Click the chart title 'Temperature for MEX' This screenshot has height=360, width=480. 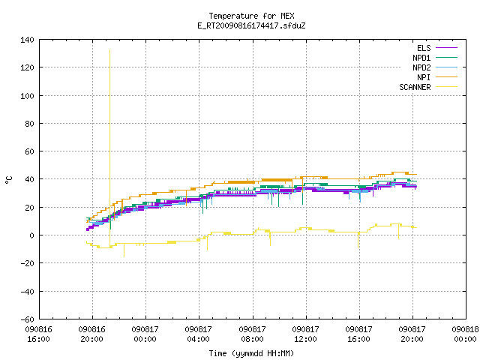251,16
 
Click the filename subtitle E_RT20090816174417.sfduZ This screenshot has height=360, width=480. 251,25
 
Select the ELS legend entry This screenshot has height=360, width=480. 437,48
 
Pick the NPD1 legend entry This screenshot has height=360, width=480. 435,58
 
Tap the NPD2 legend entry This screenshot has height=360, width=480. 435,67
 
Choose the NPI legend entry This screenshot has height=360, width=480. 437,77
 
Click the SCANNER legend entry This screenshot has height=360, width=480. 428,87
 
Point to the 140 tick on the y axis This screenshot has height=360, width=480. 27,40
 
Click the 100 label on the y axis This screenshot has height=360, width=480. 27,96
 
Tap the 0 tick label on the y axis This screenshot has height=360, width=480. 31,235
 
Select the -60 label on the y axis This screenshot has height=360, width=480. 27,319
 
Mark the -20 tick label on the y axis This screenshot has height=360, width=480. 27,263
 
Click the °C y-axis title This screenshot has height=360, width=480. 9,180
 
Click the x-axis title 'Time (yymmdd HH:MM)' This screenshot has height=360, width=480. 251,353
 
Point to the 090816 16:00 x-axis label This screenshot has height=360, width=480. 38,334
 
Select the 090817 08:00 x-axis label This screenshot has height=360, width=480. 252,334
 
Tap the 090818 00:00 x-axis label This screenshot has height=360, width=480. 465,334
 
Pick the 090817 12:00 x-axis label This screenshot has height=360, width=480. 305,334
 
